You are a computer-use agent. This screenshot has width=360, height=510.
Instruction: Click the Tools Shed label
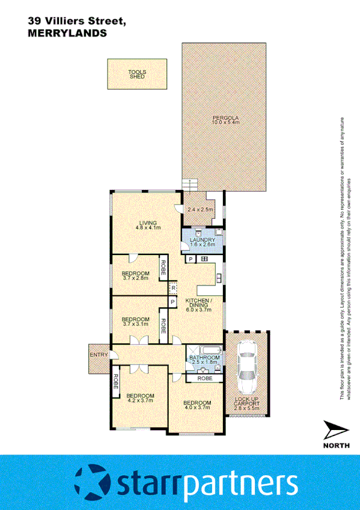pyautogui.click(x=137, y=74)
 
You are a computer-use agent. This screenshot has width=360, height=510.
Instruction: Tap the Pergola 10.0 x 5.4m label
pyautogui.click(x=225, y=119)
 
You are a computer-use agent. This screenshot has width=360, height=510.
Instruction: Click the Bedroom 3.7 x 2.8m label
pyautogui.click(x=136, y=276)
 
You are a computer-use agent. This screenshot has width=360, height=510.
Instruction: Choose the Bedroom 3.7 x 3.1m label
pyautogui.click(x=135, y=322)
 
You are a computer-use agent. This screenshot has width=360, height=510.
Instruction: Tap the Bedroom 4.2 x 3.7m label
pyautogui.click(x=139, y=397)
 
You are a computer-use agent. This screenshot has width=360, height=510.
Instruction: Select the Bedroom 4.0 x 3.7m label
pyautogui.click(x=197, y=405)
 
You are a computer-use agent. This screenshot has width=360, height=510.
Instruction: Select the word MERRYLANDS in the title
pyautogui.click(x=67, y=34)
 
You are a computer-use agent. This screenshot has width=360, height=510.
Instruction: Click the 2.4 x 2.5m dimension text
pyautogui.click(x=200, y=210)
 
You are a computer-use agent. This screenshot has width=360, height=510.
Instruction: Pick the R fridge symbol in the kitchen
pyautogui.click(x=172, y=288)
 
